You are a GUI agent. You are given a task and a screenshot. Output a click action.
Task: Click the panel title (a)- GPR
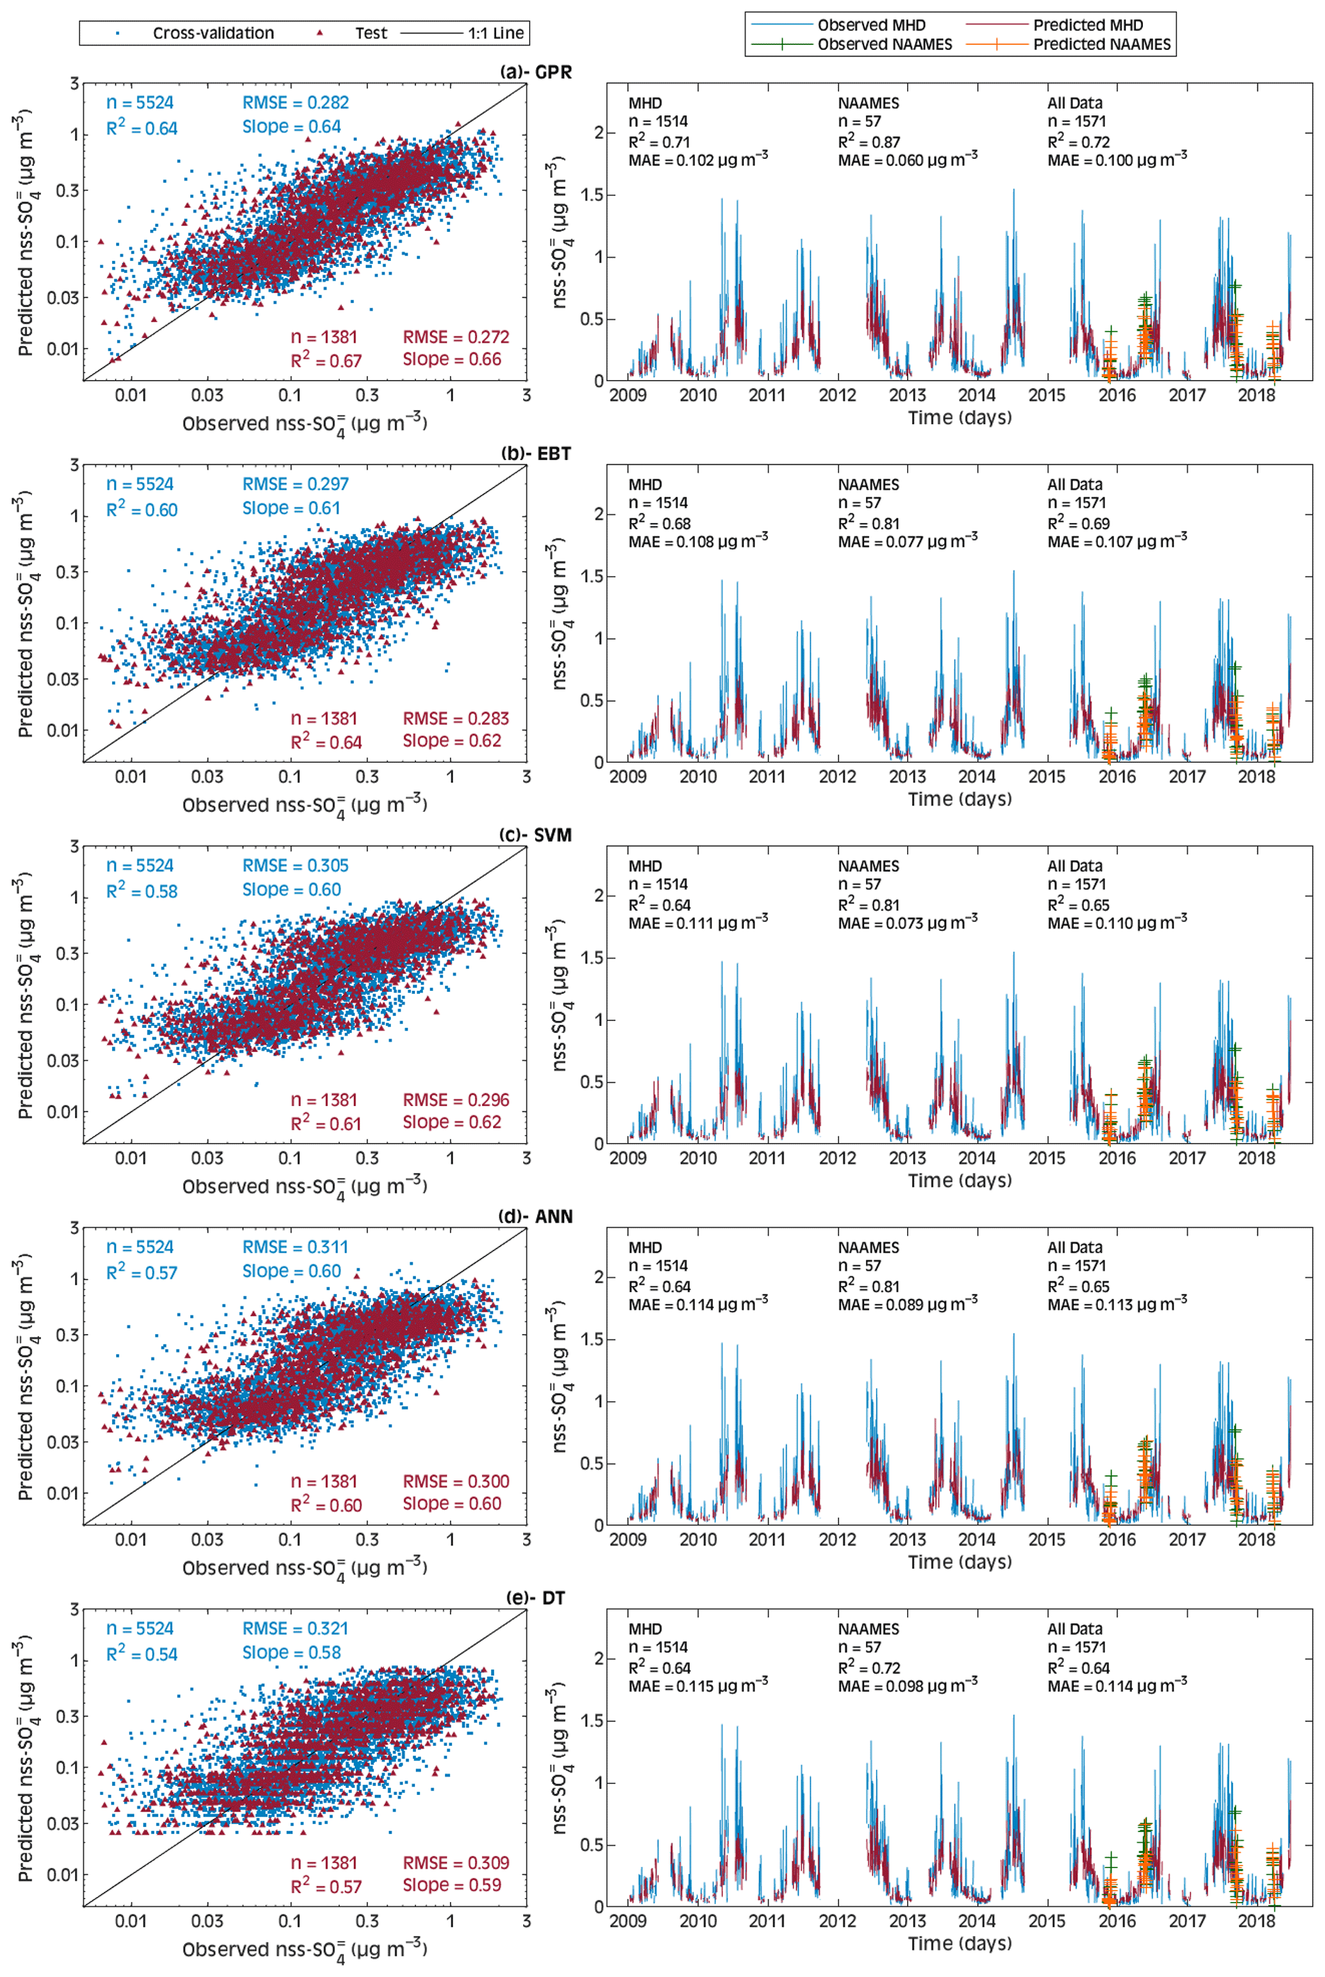pos(536,72)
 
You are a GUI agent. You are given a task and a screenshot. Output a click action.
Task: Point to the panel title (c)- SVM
pos(536,836)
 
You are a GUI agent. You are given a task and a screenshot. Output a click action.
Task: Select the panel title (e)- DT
pos(541,1598)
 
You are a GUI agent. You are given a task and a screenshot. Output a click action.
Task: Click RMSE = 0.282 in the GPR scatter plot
pos(295,103)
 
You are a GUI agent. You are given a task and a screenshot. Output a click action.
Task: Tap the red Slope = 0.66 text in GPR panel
pos(451,359)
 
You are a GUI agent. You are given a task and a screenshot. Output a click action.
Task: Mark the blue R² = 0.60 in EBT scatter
pos(142,509)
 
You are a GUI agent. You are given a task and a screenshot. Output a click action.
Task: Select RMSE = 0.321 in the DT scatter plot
pos(295,1629)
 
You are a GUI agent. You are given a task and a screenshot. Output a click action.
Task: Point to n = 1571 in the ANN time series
pos(1076,1266)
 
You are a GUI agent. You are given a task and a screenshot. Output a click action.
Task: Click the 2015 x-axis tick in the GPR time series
pos(1047,395)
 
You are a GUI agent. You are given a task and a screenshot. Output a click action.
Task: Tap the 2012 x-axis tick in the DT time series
pos(837,1921)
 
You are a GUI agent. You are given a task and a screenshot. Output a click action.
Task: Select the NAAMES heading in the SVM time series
pos(868,866)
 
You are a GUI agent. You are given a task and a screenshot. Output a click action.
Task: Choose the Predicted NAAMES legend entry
pos(1102,45)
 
